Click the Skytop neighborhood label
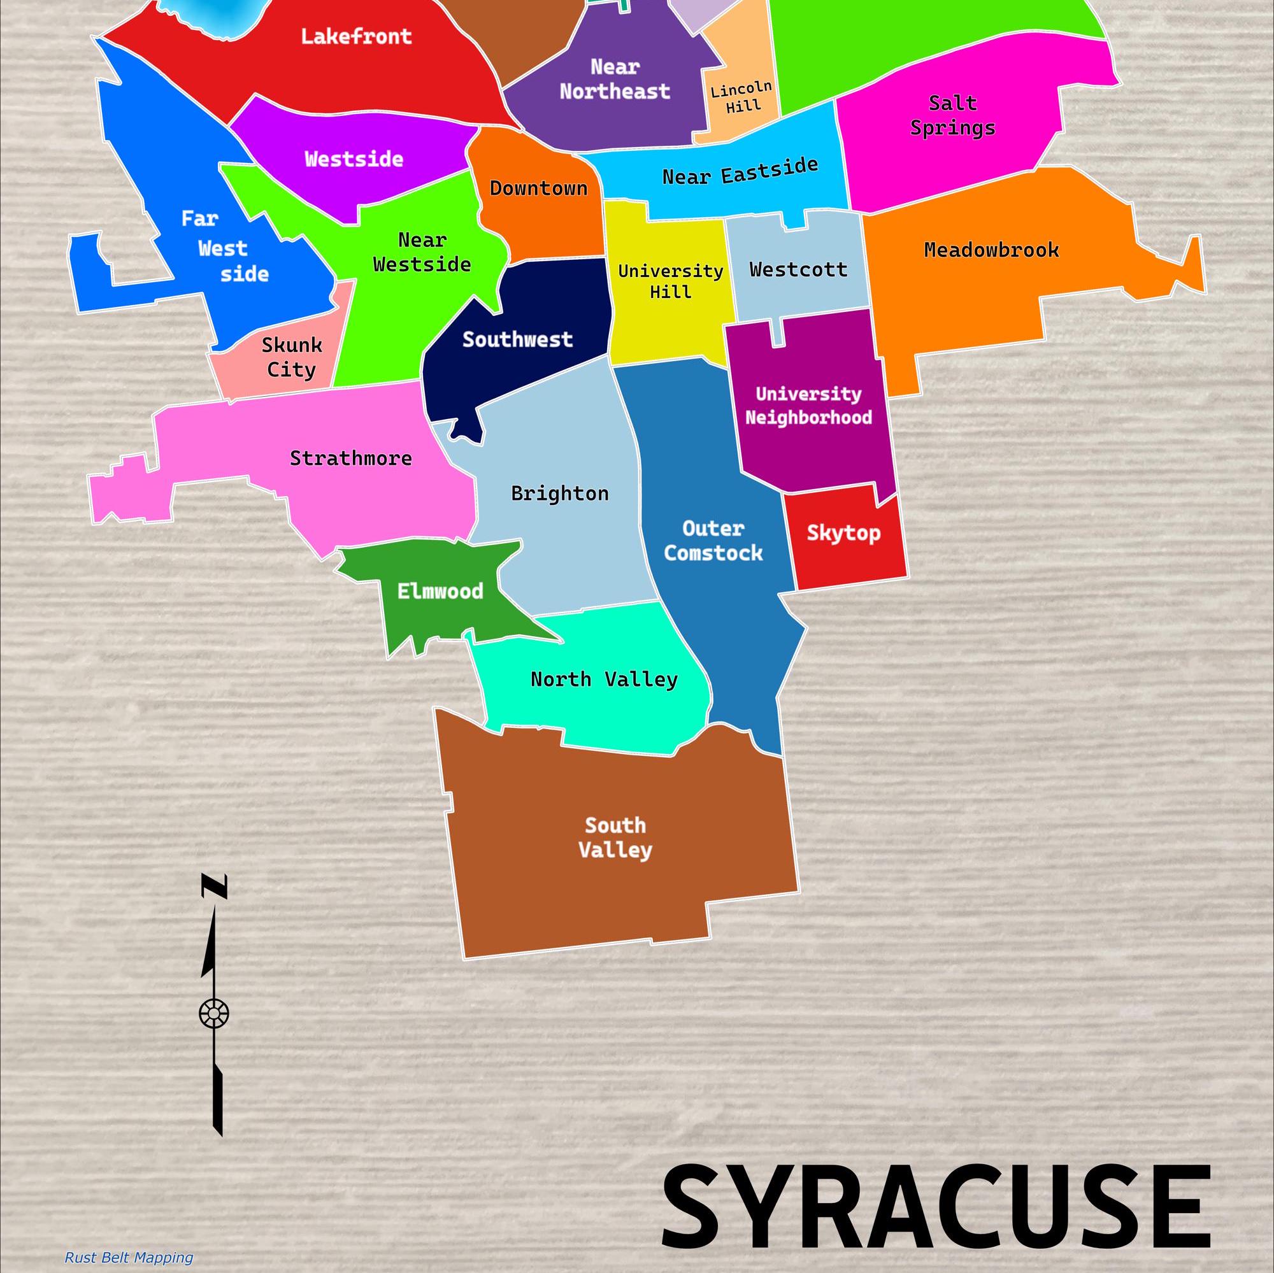coord(843,532)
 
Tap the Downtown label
coord(538,188)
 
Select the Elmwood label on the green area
coord(440,592)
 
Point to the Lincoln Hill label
coord(742,97)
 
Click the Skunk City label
coord(292,357)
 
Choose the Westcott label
coord(798,269)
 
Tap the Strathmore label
coord(351,458)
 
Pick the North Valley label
coord(604,679)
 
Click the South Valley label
coord(615,837)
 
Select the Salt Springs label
coord(952,115)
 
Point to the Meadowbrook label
coord(991,250)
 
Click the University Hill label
coord(670,281)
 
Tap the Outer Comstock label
coord(713,541)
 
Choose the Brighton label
coord(560,493)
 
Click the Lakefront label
coord(356,36)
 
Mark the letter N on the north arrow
coord(214,886)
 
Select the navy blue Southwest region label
coord(517,339)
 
